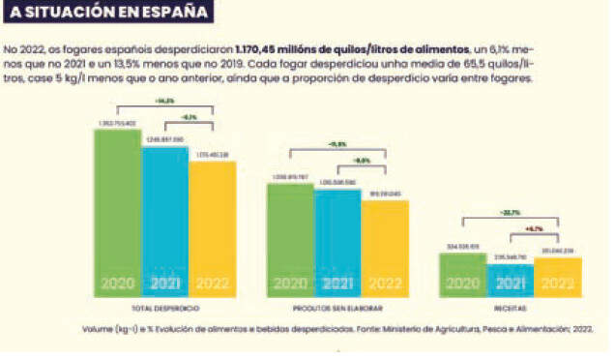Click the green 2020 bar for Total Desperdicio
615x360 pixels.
click(117, 213)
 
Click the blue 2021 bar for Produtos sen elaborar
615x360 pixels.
click(337, 243)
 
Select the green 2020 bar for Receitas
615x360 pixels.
click(462, 274)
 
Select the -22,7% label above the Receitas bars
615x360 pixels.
click(510, 212)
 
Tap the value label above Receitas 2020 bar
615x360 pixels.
click(462, 247)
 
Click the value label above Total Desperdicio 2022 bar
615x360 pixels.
click(212, 155)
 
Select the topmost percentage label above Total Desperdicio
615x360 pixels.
click(164, 102)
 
